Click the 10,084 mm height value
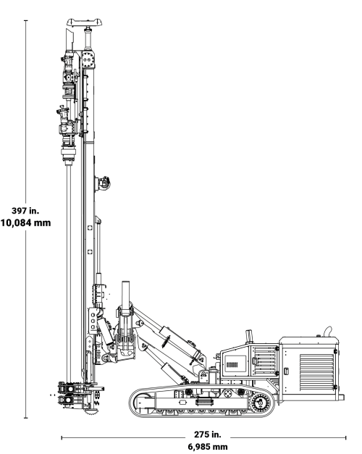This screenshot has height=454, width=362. (26, 223)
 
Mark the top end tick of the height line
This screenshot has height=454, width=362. (26, 20)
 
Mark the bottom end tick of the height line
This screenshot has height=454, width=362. (26, 418)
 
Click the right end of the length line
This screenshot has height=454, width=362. (346, 437)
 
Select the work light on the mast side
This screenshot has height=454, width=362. (104, 181)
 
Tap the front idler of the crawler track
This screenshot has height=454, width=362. (140, 402)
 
